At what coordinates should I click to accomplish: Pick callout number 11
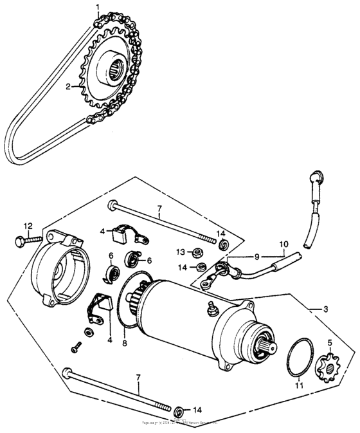297,386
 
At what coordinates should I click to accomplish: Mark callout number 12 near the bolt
28,225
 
